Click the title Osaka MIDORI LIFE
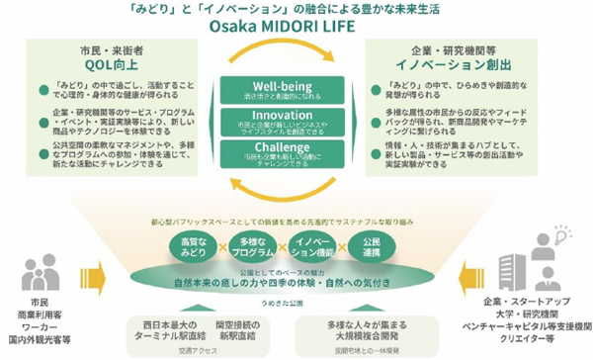(x=296, y=27)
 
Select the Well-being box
(x=296, y=89)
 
